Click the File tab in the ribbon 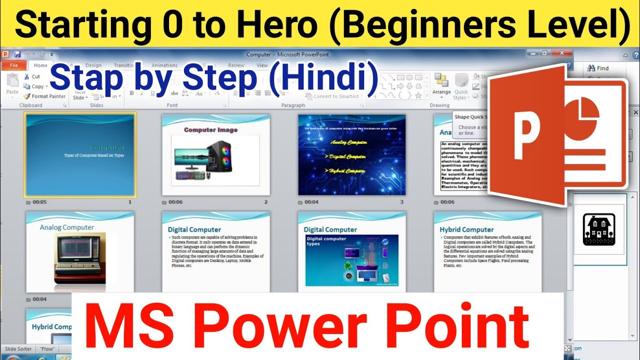[14, 65]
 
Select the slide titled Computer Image [215, 154]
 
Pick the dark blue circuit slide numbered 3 [351, 154]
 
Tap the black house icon [598, 229]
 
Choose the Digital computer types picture [351, 260]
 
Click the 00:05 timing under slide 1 [39, 202]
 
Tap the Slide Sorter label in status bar [18, 348]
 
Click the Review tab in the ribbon [236, 65]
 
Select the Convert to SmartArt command [336, 96]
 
